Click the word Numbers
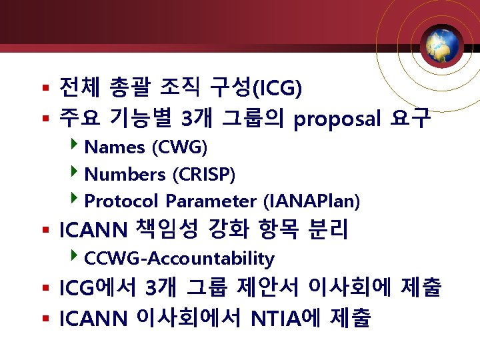(125, 175)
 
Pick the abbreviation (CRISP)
(204, 175)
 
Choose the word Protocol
(122, 201)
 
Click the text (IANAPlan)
(312, 201)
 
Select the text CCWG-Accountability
(180, 259)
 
